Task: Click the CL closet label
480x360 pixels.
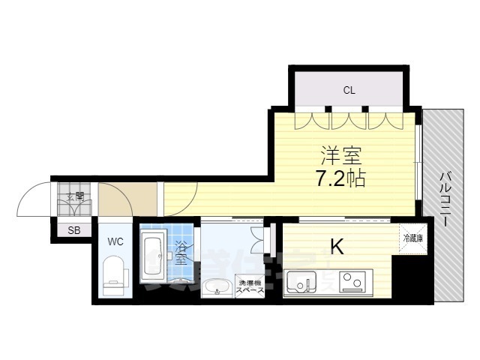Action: pyautogui.click(x=349, y=91)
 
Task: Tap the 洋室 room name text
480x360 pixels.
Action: pyautogui.click(x=342, y=157)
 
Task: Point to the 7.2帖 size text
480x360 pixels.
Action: pyautogui.click(x=341, y=178)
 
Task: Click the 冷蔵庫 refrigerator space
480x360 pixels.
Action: pyautogui.click(x=413, y=239)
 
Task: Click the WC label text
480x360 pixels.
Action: pyautogui.click(x=115, y=241)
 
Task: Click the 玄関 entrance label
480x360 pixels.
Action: pyautogui.click(x=75, y=199)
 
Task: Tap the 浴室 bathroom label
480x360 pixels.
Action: pyautogui.click(x=181, y=253)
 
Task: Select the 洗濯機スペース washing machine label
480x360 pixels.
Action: pyautogui.click(x=250, y=286)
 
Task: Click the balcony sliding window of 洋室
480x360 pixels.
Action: pyautogui.click(x=418, y=161)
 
